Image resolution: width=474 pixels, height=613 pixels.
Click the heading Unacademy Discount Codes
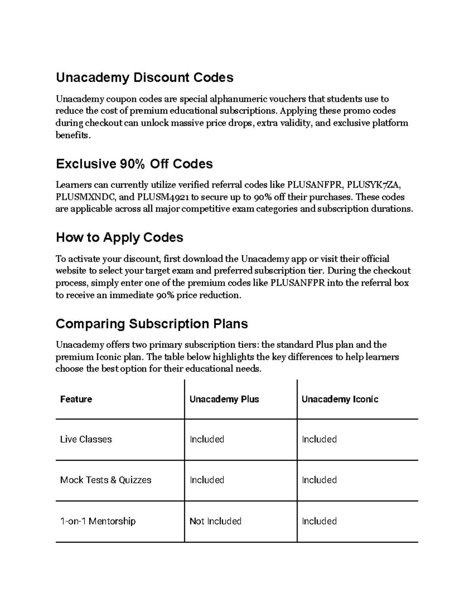click(145, 77)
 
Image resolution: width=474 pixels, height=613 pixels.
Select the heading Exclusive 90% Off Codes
click(134, 164)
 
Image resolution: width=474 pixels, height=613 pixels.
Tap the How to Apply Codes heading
click(120, 237)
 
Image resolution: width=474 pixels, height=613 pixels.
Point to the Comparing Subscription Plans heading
click(152, 324)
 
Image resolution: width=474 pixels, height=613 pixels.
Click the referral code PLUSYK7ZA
click(374, 185)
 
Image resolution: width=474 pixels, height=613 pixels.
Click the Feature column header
click(76, 399)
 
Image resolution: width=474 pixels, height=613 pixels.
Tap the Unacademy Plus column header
click(224, 399)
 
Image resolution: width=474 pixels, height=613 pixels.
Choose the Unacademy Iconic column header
click(340, 399)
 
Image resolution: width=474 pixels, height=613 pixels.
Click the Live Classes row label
click(86, 439)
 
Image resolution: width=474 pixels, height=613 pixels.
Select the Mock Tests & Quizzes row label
click(105, 480)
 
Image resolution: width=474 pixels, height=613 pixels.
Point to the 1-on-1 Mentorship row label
click(98, 521)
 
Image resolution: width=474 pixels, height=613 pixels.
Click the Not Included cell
click(215, 521)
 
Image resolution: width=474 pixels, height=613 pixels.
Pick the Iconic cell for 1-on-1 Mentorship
click(319, 521)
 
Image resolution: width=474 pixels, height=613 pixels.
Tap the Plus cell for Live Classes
click(207, 439)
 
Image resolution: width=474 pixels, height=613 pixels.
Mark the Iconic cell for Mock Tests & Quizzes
click(319, 480)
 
